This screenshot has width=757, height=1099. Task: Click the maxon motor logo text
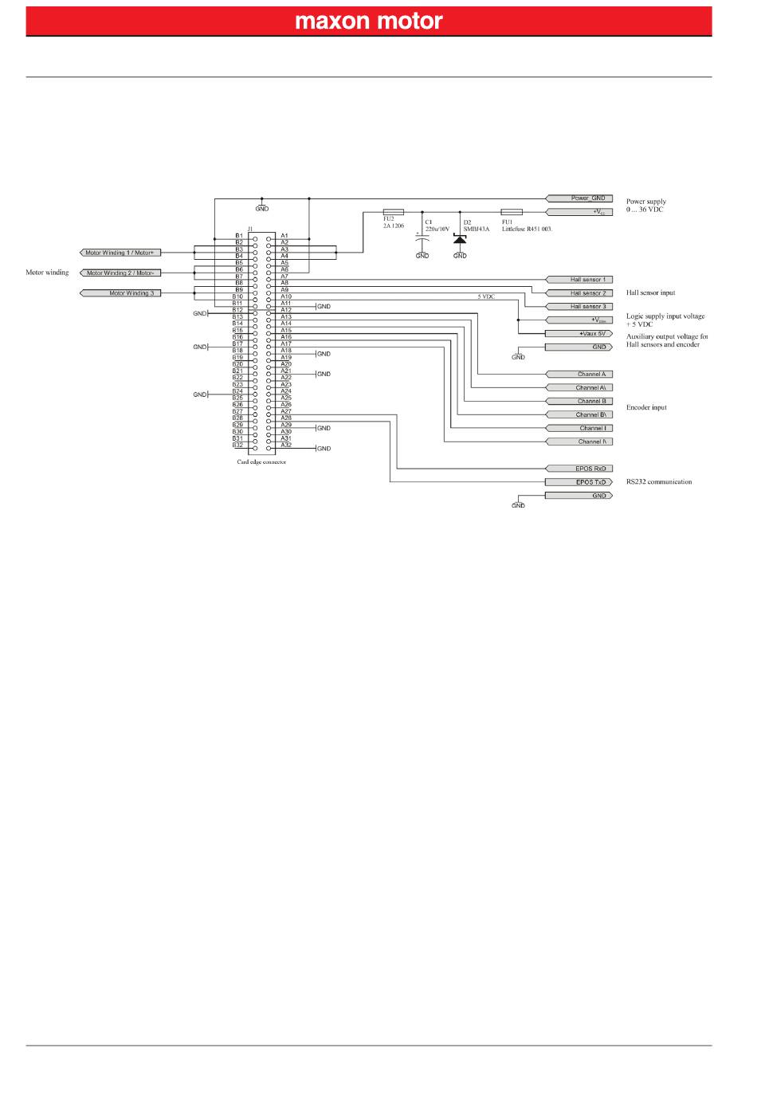tap(368, 21)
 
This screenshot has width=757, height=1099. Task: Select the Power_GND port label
tap(579, 198)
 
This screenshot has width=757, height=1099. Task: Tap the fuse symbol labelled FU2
tap(394, 212)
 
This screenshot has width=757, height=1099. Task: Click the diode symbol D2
tap(460, 238)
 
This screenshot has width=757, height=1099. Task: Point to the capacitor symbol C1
tap(422, 238)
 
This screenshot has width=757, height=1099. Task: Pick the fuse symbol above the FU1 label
tap(512, 212)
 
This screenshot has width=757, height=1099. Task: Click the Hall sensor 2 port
tap(579, 293)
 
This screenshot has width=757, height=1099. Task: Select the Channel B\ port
tap(579, 414)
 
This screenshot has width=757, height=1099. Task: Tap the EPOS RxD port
tap(579, 469)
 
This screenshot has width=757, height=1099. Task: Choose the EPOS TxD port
tap(579, 482)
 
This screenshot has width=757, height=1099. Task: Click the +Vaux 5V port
tap(579, 333)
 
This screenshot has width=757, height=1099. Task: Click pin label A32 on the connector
tap(285, 445)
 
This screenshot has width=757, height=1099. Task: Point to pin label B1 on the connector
tap(238, 236)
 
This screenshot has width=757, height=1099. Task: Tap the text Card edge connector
tap(261, 462)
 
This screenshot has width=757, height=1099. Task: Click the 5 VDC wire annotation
tap(486, 297)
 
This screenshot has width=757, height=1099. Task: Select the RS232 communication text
tap(659, 482)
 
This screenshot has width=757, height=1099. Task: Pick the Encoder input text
tap(646, 407)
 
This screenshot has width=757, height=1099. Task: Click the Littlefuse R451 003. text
tap(527, 228)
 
